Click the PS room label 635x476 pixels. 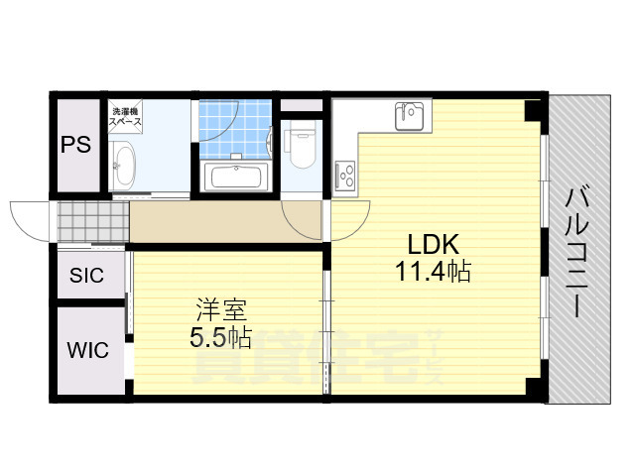tap(75, 144)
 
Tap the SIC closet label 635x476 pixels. tap(85, 276)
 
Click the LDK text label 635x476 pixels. tap(432, 243)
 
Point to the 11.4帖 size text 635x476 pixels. tap(432, 269)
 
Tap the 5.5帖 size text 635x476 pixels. tap(220, 338)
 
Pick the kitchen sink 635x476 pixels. tap(409, 116)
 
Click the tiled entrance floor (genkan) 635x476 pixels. tap(91, 222)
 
